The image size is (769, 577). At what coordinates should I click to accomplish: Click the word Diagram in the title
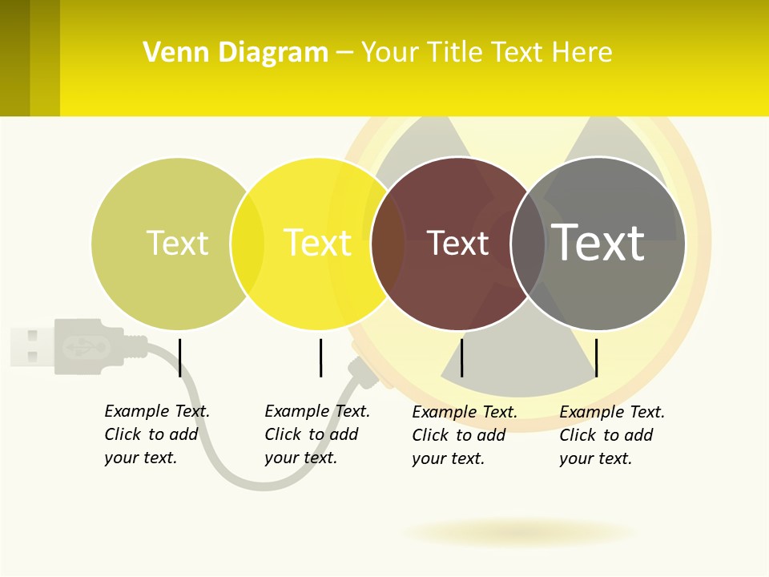pyautogui.click(x=273, y=53)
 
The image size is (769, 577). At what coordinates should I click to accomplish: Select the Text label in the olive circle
pyautogui.click(x=177, y=243)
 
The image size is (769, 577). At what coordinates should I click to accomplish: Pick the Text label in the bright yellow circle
pyautogui.click(x=318, y=243)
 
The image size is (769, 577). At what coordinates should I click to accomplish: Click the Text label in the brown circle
pyautogui.click(x=457, y=244)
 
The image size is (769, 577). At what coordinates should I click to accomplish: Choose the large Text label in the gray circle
pyautogui.click(x=598, y=242)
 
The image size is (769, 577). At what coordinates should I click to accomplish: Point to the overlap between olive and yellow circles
pyautogui.click(x=248, y=244)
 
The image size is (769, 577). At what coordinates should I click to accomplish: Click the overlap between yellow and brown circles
pyautogui.click(x=388, y=244)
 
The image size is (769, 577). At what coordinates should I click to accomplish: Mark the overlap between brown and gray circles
pyautogui.click(x=528, y=244)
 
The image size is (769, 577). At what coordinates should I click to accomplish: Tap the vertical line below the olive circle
pyautogui.click(x=180, y=357)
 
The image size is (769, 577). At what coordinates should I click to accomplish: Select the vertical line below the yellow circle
pyautogui.click(x=320, y=357)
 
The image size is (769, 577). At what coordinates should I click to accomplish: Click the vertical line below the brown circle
pyautogui.click(x=462, y=357)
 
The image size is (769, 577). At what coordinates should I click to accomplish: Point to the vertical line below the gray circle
pyautogui.click(x=596, y=357)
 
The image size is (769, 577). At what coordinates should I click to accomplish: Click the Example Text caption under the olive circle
pyautogui.click(x=157, y=434)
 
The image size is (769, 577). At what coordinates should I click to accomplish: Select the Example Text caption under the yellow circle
pyautogui.click(x=317, y=434)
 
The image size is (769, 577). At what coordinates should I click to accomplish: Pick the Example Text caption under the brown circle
pyautogui.click(x=465, y=435)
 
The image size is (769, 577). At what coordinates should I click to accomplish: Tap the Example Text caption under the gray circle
pyautogui.click(x=612, y=435)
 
